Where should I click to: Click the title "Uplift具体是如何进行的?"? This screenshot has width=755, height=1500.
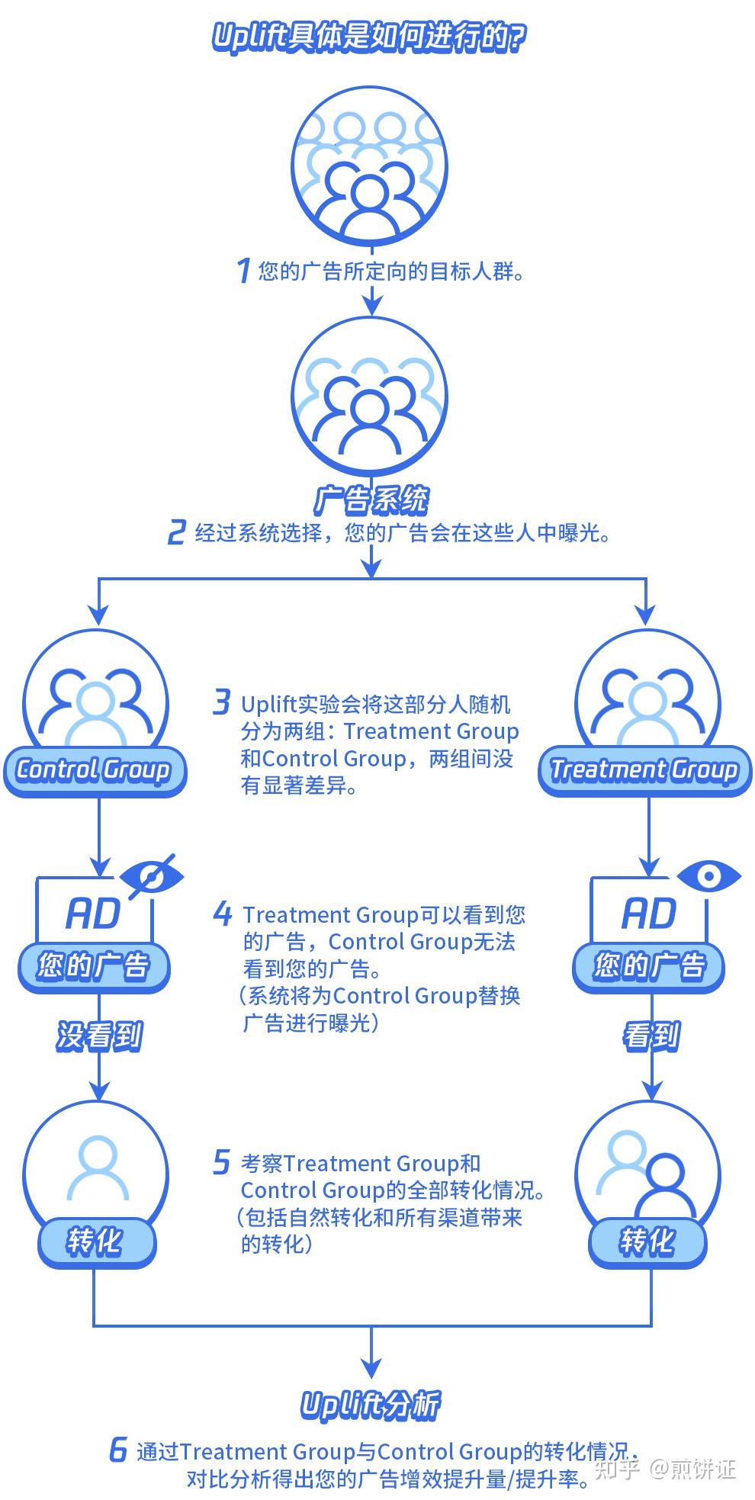pos(369,37)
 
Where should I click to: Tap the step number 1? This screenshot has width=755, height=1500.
pos(243,270)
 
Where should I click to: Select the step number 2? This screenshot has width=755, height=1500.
pos(176,532)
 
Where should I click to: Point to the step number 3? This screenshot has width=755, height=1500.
pos(221,702)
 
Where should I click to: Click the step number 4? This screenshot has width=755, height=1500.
pos(222,913)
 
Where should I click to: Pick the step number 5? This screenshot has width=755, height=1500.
pos(221,1162)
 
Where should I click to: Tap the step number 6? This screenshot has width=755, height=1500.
pos(118,1449)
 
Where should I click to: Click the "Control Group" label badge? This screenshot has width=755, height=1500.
pos(94,770)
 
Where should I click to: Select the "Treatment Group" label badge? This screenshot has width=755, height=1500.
pos(644,770)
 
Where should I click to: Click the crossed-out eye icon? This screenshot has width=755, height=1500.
pos(152,876)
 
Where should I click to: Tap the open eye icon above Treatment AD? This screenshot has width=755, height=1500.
pos(708,876)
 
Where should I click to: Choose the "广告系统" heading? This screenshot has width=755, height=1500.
pos(371,501)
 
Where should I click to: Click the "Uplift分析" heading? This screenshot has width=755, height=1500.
pos(371,1405)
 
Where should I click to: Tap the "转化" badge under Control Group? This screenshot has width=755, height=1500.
pos(95,1241)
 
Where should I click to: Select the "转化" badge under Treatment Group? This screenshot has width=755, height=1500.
pos(647,1241)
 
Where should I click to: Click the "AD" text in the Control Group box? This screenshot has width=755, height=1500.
pos(93,913)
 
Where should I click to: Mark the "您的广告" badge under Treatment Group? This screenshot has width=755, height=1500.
pos(649,966)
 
